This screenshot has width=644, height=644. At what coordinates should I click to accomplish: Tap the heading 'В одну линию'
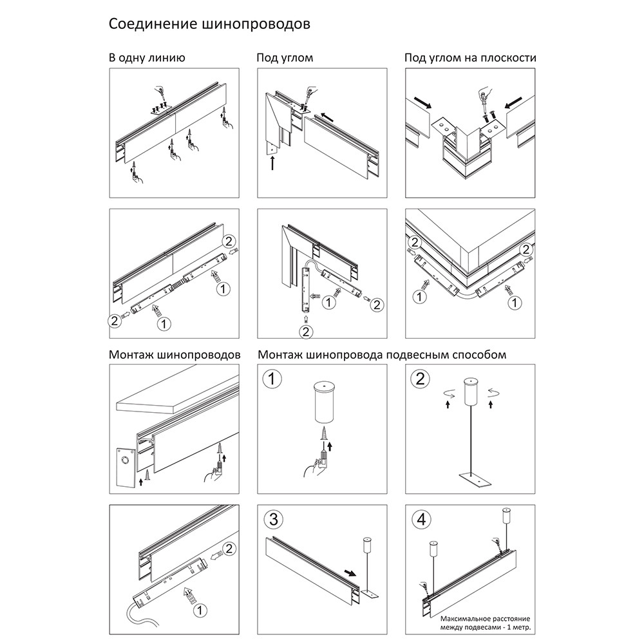click(147, 58)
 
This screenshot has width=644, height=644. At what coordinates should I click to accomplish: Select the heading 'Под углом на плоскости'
click(470, 58)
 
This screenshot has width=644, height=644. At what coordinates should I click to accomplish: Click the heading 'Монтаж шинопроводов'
click(175, 355)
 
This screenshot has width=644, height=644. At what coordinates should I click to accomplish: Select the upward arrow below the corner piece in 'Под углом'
click(273, 164)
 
